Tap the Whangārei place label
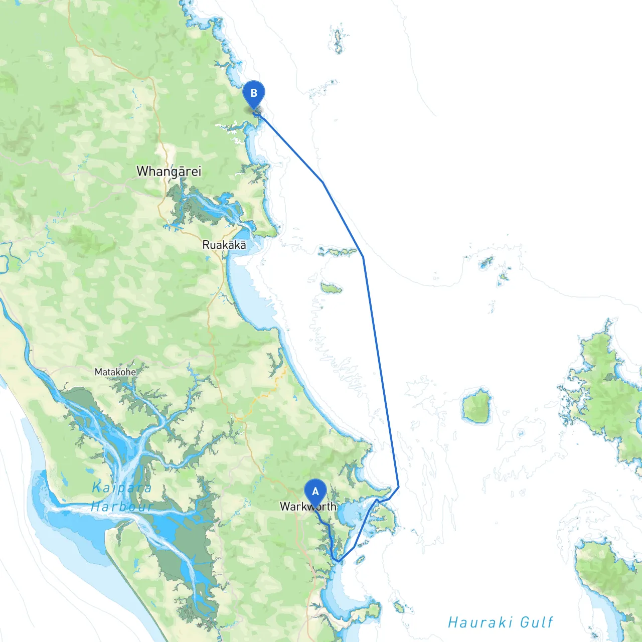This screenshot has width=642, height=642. click(x=169, y=172)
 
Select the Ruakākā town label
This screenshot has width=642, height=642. click(x=224, y=245)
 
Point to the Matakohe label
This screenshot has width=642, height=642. click(x=115, y=372)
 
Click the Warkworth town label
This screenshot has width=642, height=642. click(x=308, y=507)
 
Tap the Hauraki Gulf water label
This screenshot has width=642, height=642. click(x=500, y=622)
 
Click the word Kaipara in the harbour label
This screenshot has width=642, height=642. click(x=122, y=488)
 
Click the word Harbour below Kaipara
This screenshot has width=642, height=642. click(x=122, y=507)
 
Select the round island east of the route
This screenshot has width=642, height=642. click(x=476, y=407)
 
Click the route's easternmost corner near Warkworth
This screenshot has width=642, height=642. click(x=398, y=487)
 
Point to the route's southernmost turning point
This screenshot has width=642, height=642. click(x=338, y=561)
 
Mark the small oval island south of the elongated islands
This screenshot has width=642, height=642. click(x=331, y=288)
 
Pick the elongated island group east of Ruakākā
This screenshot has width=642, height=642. click(x=338, y=251)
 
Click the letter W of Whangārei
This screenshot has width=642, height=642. click(x=143, y=171)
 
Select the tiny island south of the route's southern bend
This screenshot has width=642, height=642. click(x=360, y=559)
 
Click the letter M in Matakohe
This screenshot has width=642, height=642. click(x=98, y=372)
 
